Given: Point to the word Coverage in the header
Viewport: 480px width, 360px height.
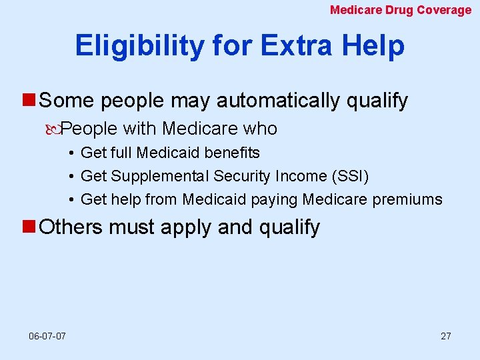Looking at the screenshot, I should point(444,10).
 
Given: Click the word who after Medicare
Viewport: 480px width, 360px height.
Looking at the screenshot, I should point(260,128).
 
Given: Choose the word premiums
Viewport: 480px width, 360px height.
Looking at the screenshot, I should point(410,199).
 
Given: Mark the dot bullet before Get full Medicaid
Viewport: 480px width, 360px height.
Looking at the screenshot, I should point(71,153).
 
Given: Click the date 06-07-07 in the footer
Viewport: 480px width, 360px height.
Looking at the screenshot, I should point(47,336).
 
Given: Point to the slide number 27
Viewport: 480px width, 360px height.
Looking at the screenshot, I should point(445,336).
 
